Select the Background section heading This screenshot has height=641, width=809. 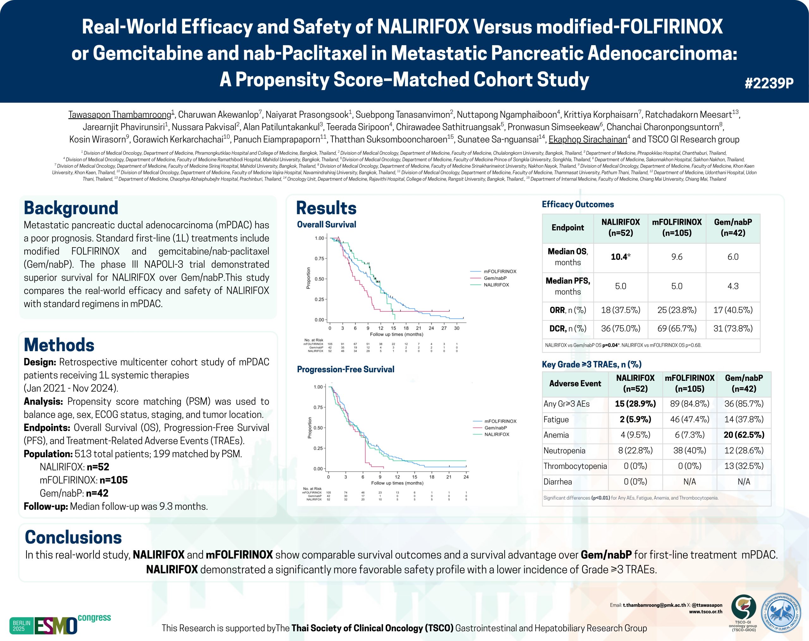(x=71, y=208)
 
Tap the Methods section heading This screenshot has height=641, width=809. (x=59, y=345)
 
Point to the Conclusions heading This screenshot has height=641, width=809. (x=73, y=537)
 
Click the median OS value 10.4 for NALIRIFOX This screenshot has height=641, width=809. (x=620, y=257)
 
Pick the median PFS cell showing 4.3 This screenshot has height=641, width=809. (x=733, y=286)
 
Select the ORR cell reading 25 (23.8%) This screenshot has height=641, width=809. (x=677, y=310)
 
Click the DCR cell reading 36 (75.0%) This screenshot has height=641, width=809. (x=620, y=329)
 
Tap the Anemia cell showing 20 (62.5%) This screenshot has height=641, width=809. (x=744, y=435)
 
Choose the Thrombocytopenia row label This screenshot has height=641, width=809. (x=575, y=466)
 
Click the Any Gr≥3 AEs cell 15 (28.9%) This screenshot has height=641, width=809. (x=635, y=404)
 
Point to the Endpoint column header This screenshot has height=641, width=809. (x=567, y=228)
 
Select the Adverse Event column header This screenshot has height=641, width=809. (x=575, y=383)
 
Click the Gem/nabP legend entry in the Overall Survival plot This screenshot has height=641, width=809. (x=495, y=278)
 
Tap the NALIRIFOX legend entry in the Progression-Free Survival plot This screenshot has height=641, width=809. (x=496, y=434)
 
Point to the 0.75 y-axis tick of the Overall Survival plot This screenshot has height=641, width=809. (x=319, y=259)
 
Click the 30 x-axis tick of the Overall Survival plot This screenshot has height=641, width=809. (x=457, y=328)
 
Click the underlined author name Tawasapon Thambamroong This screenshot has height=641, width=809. (x=119, y=114)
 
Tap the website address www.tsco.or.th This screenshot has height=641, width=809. (x=705, y=611)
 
